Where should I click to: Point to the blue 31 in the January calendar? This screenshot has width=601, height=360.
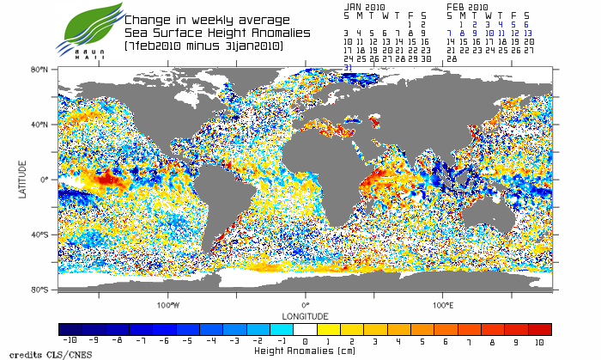[x=348, y=67]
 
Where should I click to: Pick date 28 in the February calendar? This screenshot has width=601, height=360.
[x=451, y=58]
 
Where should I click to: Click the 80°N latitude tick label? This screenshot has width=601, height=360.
[x=38, y=69]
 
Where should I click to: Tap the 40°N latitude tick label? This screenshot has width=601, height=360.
[x=38, y=124]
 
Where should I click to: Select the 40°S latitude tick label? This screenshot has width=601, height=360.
[x=38, y=235]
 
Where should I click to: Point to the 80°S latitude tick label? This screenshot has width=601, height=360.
[x=38, y=290]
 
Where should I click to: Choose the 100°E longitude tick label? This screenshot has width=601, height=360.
[x=442, y=305]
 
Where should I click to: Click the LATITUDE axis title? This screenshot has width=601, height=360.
[x=21, y=179]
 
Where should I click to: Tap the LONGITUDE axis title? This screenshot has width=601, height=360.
[x=305, y=315]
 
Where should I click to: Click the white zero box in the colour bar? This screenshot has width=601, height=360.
[x=305, y=329]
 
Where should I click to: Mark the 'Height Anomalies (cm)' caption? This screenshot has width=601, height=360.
[x=305, y=351]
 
